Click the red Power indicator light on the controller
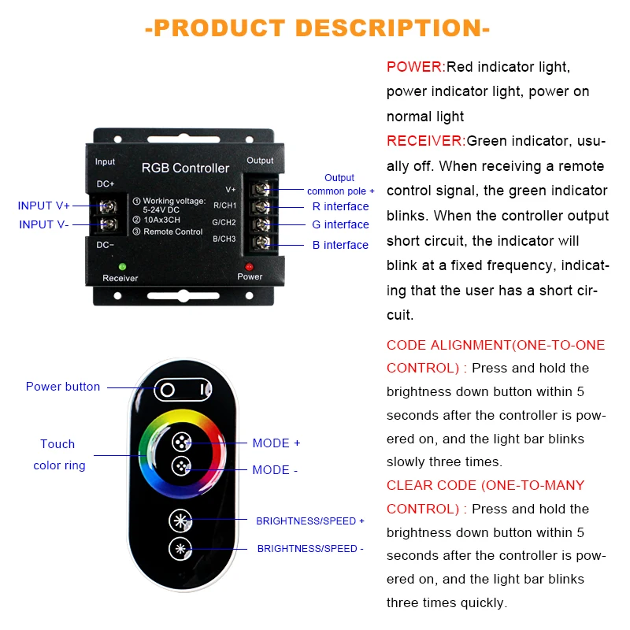[x=249, y=266]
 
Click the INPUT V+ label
[x=44, y=206]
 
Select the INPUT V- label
[x=44, y=224]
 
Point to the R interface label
[x=340, y=206]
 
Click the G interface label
[x=340, y=224]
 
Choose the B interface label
[x=340, y=245]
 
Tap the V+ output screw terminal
[x=262, y=190]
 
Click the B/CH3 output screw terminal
[x=262, y=241]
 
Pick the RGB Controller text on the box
[x=185, y=168]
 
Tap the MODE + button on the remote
[x=181, y=442]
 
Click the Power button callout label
[x=63, y=387]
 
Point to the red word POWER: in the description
[x=416, y=67]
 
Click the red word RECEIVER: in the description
[x=426, y=141]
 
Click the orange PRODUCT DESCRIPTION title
[x=317, y=28]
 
